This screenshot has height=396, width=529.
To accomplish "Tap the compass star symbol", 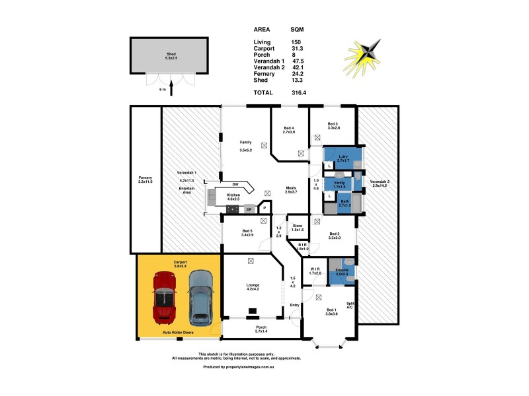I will [x=364, y=56].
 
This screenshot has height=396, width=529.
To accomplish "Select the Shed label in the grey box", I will [x=171, y=55].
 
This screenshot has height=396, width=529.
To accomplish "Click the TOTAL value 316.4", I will [x=299, y=93].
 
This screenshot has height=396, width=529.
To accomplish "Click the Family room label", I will [x=245, y=142].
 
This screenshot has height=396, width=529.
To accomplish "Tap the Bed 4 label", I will [x=288, y=129].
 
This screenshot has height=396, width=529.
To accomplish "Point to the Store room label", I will [x=297, y=226].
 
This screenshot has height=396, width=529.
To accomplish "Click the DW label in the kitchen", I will [x=234, y=184].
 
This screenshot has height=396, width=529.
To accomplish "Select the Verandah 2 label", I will [x=379, y=183].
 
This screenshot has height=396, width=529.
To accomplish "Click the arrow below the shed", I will [x=171, y=86].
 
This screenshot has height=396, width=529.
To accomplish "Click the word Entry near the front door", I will [x=295, y=304].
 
